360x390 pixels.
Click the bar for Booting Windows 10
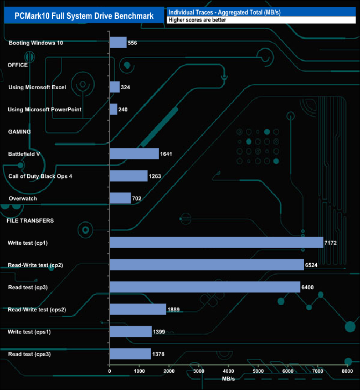tap(119, 43)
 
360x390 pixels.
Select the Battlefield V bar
tap(135, 153)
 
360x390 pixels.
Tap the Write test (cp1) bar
tap(217, 242)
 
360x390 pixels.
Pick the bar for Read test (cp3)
tap(205, 286)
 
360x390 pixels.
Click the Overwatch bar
tap(121, 198)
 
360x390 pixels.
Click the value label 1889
tap(175, 309)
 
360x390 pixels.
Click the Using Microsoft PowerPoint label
tap(45, 109)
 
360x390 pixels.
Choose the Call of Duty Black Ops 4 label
tap(40, 176)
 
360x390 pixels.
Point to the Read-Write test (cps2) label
tap(45, 309)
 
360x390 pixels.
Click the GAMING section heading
tap(19, 131)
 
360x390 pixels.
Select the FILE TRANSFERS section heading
tap(30, 220)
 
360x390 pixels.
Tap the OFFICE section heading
tap(18, 65)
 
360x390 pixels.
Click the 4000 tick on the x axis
tap(229, 371)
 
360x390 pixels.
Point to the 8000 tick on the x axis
tap(347, 371)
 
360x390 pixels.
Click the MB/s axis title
tap(228, 379)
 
